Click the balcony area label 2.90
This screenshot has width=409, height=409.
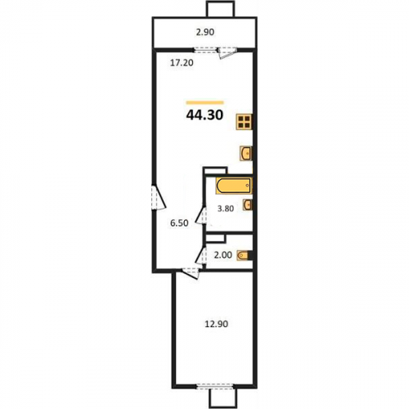click(x=205, y=32)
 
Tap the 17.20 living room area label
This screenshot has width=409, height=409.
click(x=182, y=63)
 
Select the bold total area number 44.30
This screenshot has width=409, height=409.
click(x=204, y=115)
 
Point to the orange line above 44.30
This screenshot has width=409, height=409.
click(x=204, y=103)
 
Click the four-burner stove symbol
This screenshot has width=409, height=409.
click(x=245, y=122)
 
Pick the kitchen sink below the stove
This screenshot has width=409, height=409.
click(x=246, y=153)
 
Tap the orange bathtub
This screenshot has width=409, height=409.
click(x=234, y=186)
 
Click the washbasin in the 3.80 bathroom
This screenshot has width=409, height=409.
click(x=248, y=204)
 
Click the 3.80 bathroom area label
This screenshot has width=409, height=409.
click(x=226, y=209)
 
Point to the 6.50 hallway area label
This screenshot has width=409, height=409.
click(x=179, y=223)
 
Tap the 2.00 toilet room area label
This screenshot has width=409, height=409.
click(x=223, y=255)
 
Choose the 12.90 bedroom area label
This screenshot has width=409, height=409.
click(x=216, y=324)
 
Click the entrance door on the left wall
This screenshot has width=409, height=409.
click(x=159, y=198)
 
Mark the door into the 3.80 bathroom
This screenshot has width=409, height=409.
click(x=201, y=215)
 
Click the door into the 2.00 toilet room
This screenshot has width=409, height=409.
click(x=200, y=255)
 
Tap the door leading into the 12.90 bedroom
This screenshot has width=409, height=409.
click(x=191, y=273)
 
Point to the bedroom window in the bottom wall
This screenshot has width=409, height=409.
click(x=215, y=386)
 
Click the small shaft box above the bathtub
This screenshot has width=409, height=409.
click(x=215, y=170)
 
